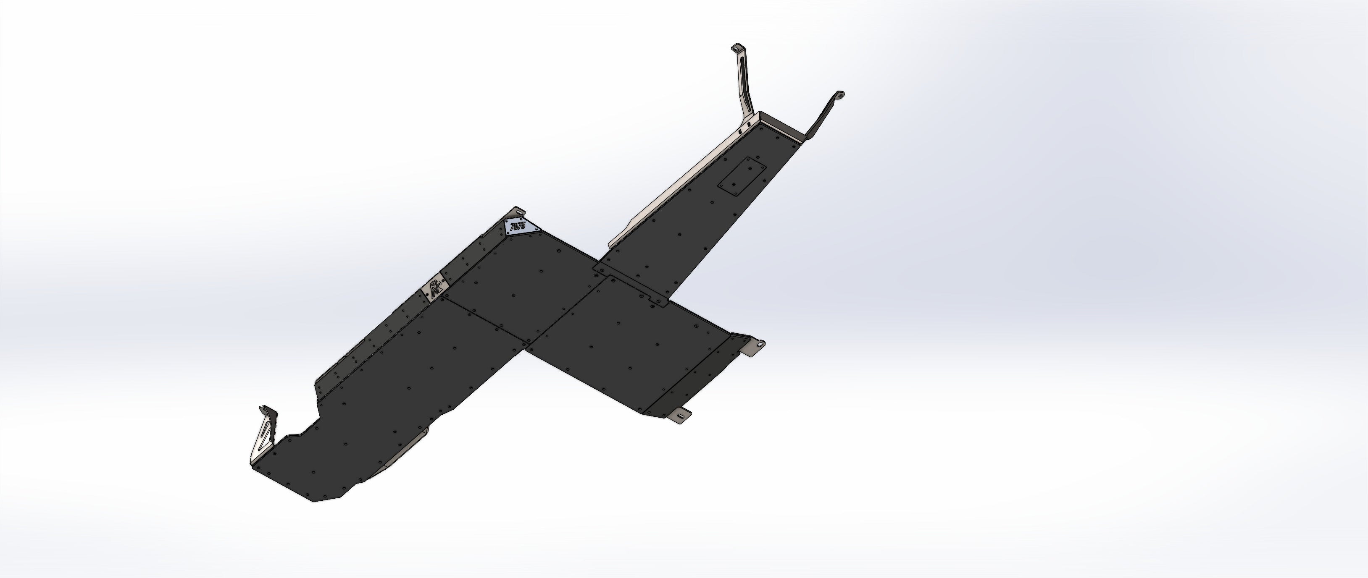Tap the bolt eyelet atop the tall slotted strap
[737, 48]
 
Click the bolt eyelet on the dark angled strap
[839, 96]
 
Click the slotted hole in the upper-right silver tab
[760, 345]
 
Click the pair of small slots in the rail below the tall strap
[744, 127]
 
